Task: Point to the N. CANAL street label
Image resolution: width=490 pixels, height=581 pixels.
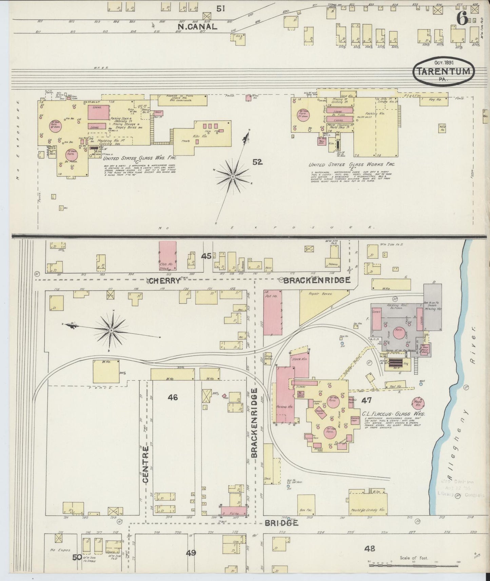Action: (x=197, y=27)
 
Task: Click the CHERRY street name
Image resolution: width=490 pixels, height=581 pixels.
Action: (x=164, y=281)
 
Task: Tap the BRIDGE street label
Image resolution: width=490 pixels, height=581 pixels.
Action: (x=281, y=523)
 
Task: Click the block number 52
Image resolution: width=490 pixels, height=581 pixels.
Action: (x=257, y=162)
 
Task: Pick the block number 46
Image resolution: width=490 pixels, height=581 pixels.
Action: (x=173, y=397)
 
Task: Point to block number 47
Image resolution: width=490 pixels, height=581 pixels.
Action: (x=366, y=400)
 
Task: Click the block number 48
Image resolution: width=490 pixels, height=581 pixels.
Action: (x=370, y=548)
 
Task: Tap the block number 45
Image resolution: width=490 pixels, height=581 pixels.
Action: (x=206, y=256)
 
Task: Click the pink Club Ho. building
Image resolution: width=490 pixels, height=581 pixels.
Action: (x=168, y=255)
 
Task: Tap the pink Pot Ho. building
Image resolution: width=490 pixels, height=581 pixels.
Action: (x=273, y=312)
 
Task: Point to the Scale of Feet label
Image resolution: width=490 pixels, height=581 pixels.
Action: (x=414, y=558)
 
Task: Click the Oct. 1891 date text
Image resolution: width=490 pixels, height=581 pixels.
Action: (x=444, y=62)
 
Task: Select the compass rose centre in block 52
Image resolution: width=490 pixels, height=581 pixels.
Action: (x=233, y=177)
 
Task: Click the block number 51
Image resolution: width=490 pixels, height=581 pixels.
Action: (x=221, y=8)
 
